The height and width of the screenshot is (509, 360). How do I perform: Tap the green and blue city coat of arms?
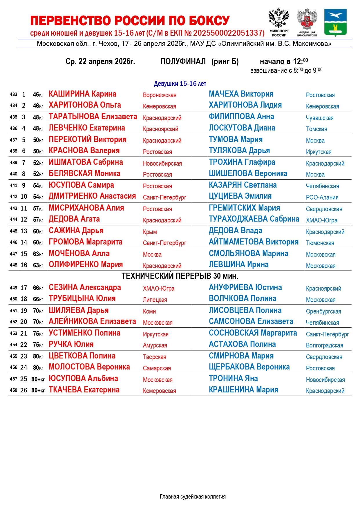point(335,22)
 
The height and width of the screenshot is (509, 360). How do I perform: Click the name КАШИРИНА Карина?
point(82,94)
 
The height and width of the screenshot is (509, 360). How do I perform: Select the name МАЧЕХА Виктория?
point(241,94)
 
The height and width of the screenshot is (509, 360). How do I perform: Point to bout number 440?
point(13,174)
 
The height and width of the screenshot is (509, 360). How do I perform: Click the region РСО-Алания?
point(322,198)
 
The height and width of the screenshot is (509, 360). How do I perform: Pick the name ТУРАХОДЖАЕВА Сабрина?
point(254,219)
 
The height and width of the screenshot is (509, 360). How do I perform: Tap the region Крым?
point(150,232)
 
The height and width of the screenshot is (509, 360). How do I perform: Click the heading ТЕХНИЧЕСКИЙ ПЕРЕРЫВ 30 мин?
point(180,276)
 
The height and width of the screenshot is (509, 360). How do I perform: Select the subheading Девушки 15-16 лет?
point(180,84)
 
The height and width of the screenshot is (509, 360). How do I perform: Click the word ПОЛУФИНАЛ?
point(183,61)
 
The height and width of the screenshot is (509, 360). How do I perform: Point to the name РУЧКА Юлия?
point(71,344)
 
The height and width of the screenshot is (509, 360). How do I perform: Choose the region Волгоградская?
point(324,345)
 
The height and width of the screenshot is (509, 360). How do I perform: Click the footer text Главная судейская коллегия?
point(193,497)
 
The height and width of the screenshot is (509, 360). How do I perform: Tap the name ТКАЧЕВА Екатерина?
point(84,390)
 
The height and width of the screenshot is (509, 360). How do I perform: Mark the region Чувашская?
point(320,118)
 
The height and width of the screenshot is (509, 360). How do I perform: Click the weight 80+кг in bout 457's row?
point(38,379)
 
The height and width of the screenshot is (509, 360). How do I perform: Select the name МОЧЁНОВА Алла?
point(79,253)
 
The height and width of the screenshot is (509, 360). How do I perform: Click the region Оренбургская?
point(323,311)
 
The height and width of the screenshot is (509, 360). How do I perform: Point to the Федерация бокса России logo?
point(307,22)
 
